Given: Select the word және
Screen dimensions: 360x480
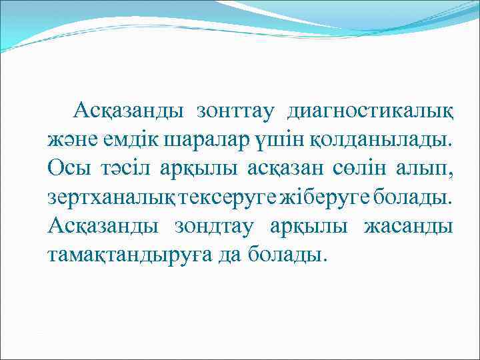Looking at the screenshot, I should (x=65, y=139).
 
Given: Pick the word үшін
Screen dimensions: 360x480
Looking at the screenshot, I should (x=251, y=139).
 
